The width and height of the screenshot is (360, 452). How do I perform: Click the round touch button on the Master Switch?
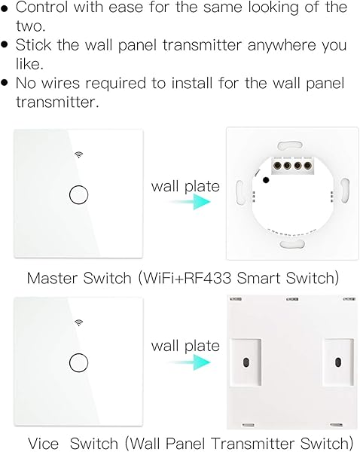[78, 194]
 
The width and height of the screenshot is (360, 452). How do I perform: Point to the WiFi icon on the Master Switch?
[78, 154]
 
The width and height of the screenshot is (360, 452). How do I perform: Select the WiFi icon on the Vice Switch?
[78, 322]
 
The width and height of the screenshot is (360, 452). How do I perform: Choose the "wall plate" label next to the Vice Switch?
[185, 346]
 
